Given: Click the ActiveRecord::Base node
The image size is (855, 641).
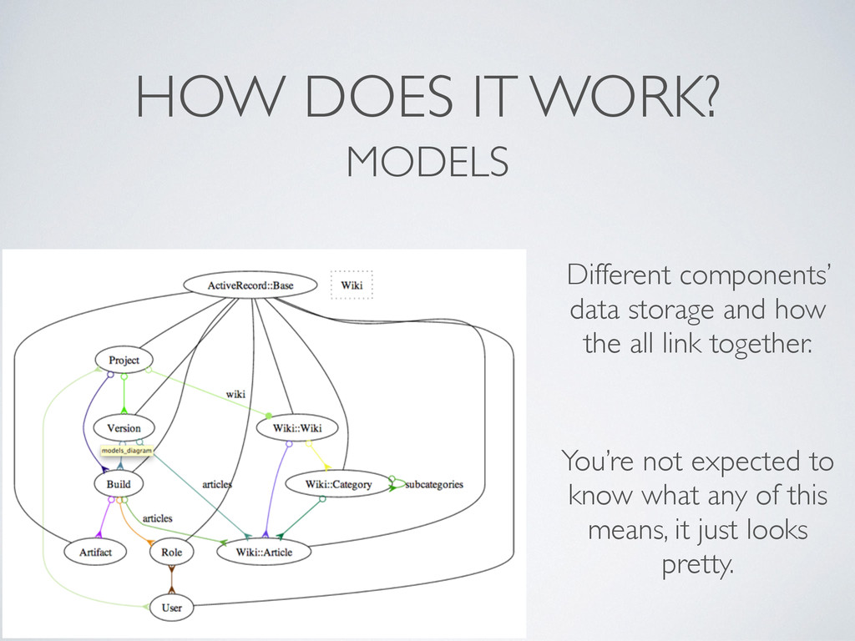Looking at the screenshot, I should [x=250, y=285].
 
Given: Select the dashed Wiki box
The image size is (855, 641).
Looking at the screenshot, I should [x=352, y=285].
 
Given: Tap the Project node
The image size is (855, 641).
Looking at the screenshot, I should [x=124, y=361].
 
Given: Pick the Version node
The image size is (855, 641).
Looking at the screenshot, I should [x=124, y=428].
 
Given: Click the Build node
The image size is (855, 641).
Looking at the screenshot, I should [x=119, y=483].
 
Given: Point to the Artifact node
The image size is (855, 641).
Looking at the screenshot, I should [x=95, y=552].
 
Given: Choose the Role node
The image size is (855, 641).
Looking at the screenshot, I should [x=171, y=552].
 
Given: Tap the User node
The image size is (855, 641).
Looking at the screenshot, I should [x=171, y=608].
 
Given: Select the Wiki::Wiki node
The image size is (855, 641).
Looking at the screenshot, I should [x=298, y=428].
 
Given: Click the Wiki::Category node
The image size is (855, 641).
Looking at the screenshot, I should [x=339, y=484].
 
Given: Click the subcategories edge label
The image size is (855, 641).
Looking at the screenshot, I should [x=434, y=484].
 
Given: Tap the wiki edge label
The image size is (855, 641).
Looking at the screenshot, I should [x=236, y=391].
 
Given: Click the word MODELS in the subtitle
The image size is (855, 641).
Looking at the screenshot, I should [x=427, y=161].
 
